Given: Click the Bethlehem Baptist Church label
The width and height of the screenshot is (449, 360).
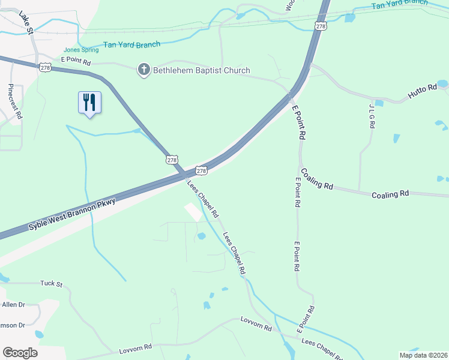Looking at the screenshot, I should [x=202, y=71].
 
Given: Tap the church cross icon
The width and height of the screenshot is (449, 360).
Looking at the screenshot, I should [x=143, y=71].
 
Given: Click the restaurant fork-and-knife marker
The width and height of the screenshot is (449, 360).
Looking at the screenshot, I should [x=89, y=102].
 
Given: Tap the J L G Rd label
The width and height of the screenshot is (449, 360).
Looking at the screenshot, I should [x=372, y=116].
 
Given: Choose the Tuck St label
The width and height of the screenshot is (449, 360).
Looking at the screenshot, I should [x=51, y=283].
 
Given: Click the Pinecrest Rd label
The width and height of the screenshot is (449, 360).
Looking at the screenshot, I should [x=15, y=101].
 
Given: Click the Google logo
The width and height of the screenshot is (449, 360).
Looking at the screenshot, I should [x=20, y=353].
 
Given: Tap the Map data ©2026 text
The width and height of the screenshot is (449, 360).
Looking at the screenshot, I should [x=424, y=355].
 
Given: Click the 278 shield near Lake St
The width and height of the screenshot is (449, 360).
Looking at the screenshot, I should [x=45, y=67].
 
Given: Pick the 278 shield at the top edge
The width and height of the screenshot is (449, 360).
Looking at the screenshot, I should [x=322, y=26].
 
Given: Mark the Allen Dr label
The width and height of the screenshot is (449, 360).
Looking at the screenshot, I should [x=13, y=305].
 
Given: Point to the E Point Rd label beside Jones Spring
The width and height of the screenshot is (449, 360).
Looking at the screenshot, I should [x=76, y=62].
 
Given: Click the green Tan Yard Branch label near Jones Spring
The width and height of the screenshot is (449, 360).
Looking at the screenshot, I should [x=131, y=44].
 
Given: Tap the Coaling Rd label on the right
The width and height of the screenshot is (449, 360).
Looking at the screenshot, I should [x=390, y=194].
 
